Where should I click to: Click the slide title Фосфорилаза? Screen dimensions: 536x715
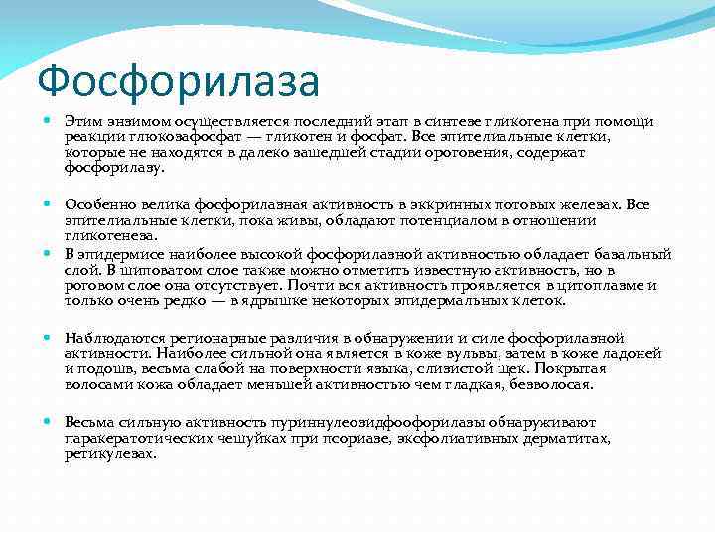tap(178, 79)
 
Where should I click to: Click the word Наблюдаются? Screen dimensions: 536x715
tap(112, 337)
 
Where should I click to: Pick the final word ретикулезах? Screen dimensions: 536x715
tap(109, 453)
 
